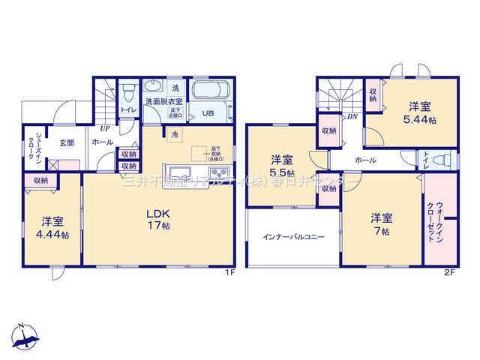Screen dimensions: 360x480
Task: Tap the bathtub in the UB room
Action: [x=212, y=94]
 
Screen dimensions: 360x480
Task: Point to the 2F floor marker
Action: [x=448, y=272]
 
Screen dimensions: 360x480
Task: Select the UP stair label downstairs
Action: [x=105, y=128]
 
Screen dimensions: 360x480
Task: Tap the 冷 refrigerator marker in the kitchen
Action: [x=174, y=134]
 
